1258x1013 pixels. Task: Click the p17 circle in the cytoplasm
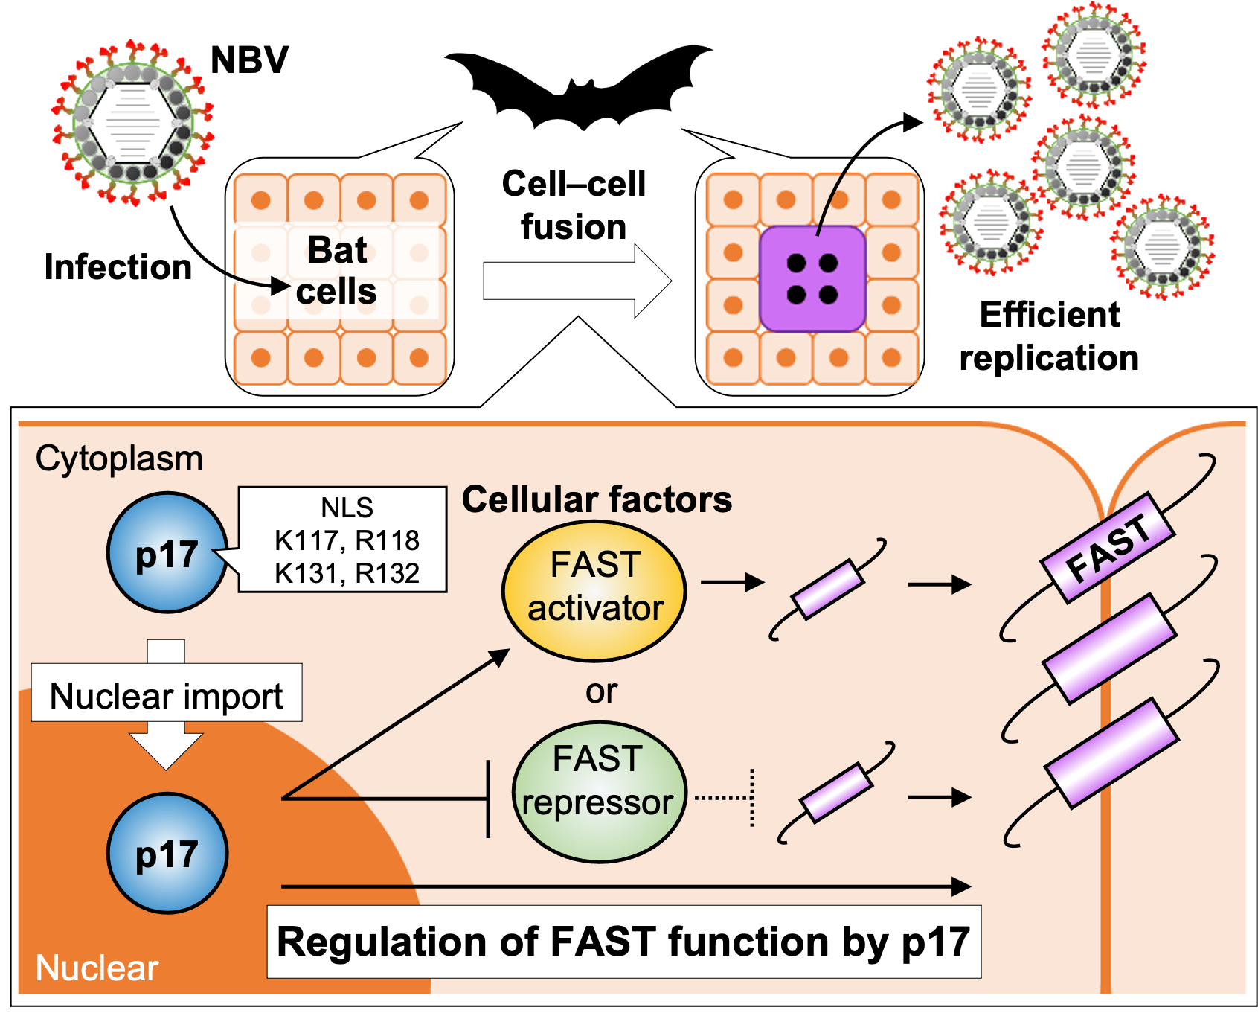167,552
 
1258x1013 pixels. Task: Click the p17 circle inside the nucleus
167,853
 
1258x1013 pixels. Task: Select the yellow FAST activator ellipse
594,591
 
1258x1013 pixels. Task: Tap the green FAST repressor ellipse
599,792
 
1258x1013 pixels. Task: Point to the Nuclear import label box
167,695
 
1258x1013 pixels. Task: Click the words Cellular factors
597,499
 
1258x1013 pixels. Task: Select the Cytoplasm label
119,458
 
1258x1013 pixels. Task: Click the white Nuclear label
97,968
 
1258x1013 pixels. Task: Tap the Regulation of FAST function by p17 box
623,942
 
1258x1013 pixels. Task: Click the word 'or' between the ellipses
601,691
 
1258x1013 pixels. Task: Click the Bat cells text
337,270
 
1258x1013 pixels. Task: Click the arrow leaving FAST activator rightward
732,582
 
